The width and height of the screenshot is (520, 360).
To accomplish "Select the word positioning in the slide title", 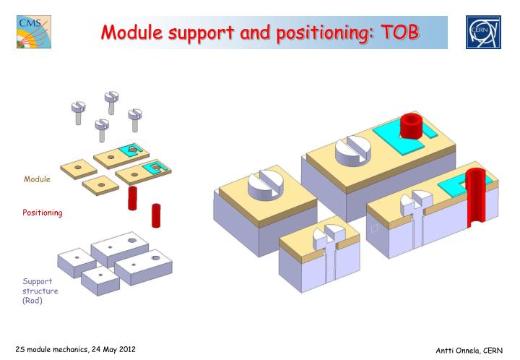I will [309, 33].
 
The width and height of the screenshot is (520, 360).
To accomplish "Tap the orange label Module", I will [38, 179].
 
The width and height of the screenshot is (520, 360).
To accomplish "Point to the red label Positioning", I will [42, 213].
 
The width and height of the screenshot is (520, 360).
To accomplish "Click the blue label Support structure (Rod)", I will [40, 291].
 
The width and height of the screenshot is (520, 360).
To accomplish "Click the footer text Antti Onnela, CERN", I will [469, 351].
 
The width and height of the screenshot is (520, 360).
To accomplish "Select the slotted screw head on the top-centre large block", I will [353, 147].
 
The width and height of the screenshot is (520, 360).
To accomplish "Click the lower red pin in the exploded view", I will [156, 215].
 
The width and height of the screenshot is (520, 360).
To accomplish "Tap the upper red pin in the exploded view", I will [132, 197].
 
